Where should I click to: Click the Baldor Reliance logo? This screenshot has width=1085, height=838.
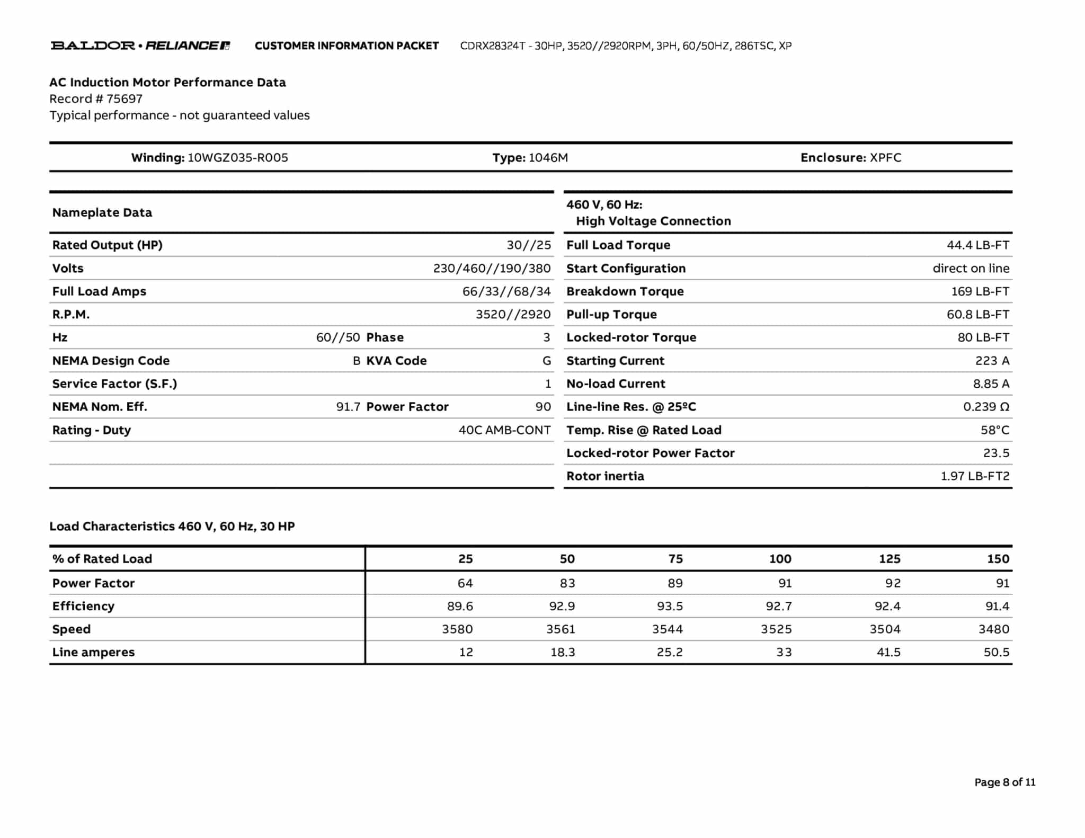(140, 46)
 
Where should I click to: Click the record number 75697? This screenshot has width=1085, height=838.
(124, 99)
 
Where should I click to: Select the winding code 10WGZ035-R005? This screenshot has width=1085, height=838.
(238, 158)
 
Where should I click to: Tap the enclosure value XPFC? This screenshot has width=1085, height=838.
(885, 158)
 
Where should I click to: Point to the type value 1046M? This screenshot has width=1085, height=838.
(548, 158)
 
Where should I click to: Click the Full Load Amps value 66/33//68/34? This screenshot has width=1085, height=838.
(506, 291)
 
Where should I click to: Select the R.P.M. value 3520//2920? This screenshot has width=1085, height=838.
(513, 315)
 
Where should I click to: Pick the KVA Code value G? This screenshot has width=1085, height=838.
(546, 361)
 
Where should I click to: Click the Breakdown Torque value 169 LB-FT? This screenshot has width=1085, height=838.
(980, 291)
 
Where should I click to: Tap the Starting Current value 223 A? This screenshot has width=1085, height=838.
(992, 361)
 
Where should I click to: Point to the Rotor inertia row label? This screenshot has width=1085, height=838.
(605, 476)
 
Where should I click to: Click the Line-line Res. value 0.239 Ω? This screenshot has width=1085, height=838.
(986, 407)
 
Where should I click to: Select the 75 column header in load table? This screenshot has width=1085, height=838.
(675, 559)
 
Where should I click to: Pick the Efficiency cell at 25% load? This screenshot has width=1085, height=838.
(459, 606)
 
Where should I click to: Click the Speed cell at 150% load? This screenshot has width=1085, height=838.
(993, 629)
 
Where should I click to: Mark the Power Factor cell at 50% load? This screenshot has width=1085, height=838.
(567, 583)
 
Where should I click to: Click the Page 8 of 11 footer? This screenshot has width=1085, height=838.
(1004, 782)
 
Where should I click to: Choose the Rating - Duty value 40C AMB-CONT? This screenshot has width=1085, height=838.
(504, 430)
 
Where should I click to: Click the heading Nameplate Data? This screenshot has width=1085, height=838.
(102, 212)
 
